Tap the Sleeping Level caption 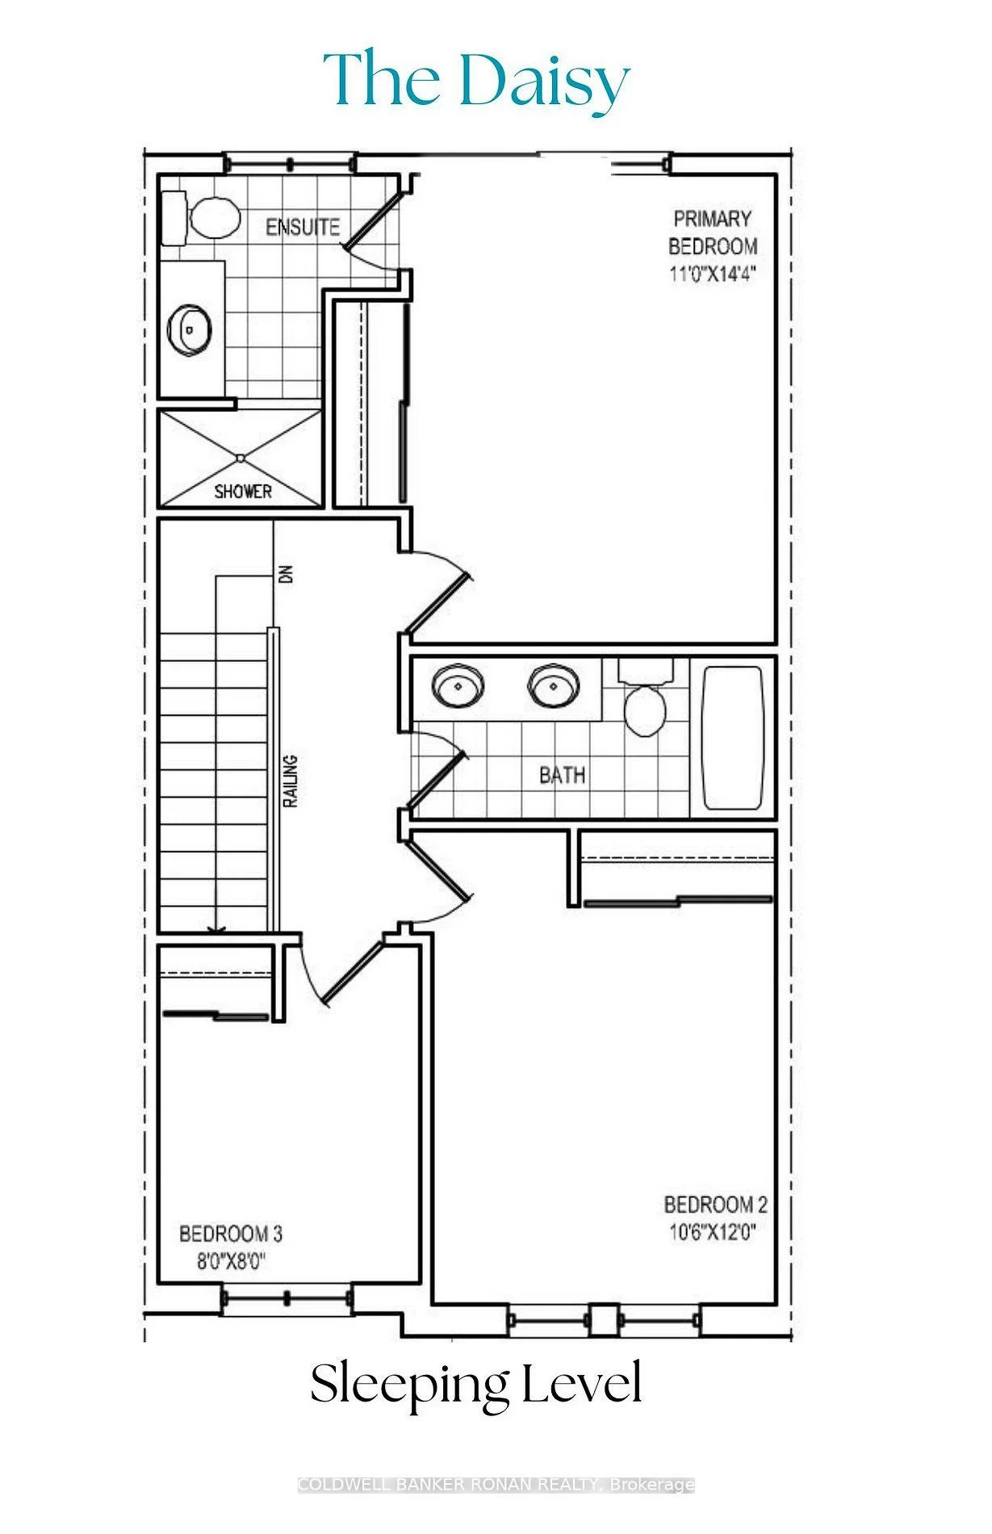(x=476, y=1384)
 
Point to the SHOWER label (x=243, y=491)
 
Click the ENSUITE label (x=303, y=227)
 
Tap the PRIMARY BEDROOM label (x=713, y=232)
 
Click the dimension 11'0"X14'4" (x=712, y=273)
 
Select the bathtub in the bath (x=733, y=736)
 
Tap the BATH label (x=562, y=775)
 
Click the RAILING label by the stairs (x=291, y=781)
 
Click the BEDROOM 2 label (x=715, y=1205)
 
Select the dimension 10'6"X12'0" (x=712, y=1233)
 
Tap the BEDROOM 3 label (x=230, y=1234)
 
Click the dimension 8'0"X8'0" (x=232, y=1261)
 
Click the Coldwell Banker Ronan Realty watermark (x=496, y=1485)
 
